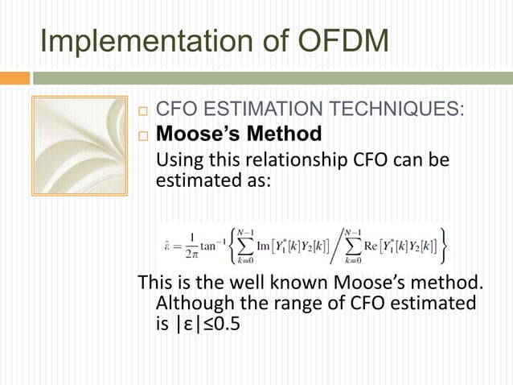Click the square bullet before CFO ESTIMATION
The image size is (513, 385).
point(143,110)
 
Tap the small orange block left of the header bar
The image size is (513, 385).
point(14,78)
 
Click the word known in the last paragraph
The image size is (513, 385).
point(289,284)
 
